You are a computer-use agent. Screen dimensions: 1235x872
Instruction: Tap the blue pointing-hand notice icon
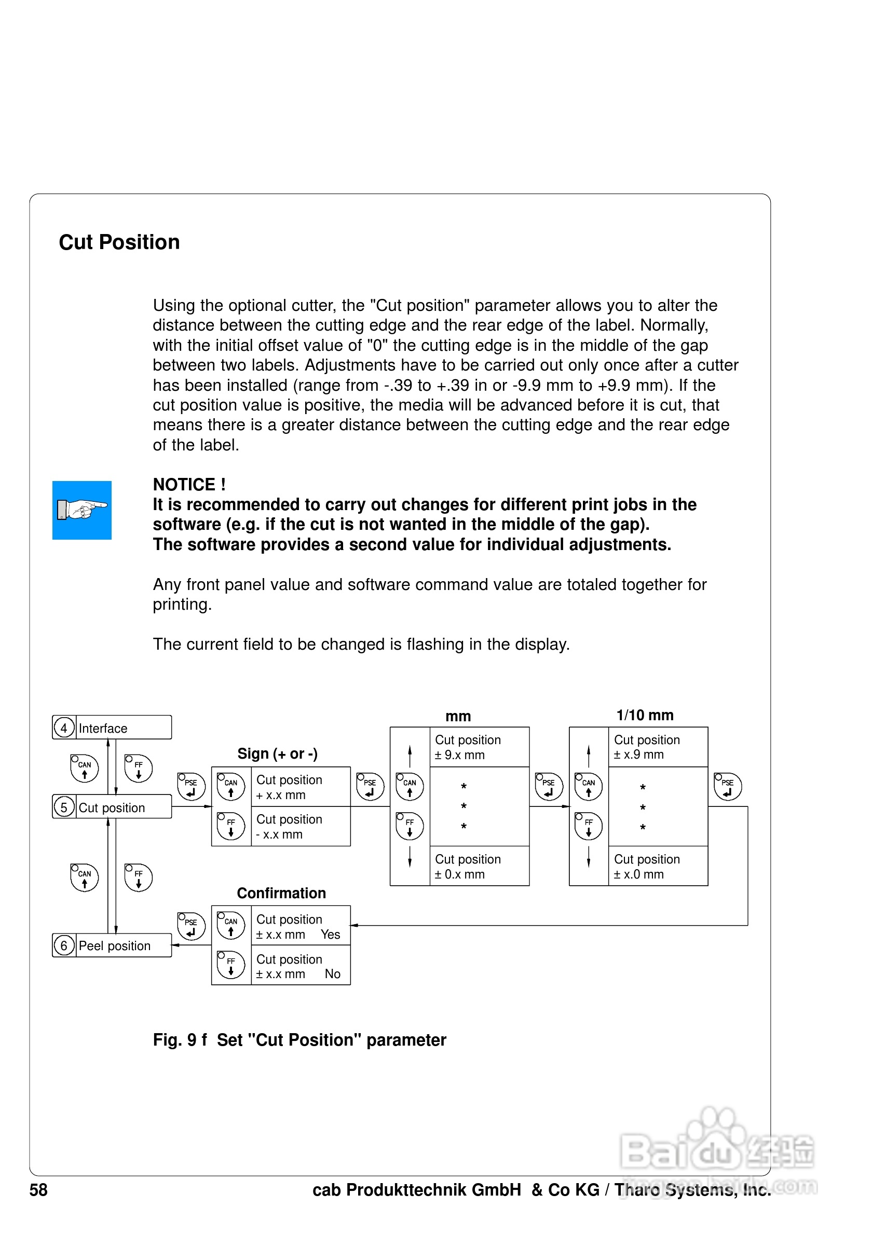(82, 510)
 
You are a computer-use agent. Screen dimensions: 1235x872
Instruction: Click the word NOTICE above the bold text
(184, 485)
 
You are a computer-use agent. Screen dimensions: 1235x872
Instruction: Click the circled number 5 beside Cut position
(64, 807)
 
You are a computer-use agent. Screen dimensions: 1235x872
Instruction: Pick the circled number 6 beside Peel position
(64, 945)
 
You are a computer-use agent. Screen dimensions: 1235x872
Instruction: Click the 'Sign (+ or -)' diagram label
(277, 753)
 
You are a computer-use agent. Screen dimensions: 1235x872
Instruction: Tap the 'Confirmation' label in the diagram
(281, 893)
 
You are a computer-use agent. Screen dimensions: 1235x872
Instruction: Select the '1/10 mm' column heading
(645, 715)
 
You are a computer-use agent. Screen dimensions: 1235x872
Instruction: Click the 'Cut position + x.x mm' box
(300, 787)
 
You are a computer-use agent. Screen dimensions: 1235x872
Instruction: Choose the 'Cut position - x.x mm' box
(300, 826)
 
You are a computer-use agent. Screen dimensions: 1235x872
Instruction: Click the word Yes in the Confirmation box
(330, 935)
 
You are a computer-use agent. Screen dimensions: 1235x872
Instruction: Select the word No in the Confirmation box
(332, 973)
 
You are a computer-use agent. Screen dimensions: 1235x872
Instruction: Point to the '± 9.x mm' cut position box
(479, 747)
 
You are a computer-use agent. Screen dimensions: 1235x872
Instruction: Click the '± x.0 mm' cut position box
(657, 866)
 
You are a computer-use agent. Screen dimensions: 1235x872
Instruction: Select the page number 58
(38, 1190)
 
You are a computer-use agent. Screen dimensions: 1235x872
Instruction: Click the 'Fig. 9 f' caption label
(180, 1040)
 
